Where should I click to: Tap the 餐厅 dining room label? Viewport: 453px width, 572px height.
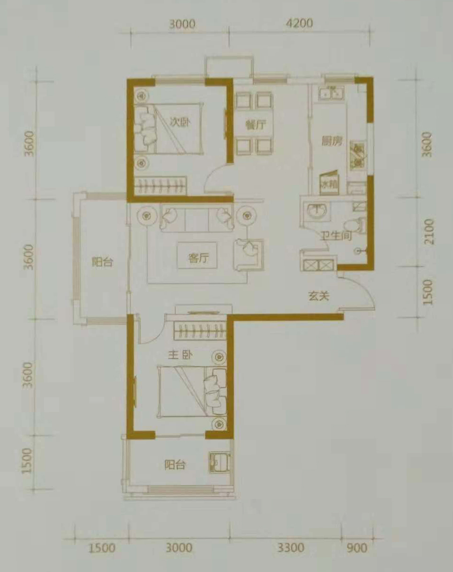[256, 124]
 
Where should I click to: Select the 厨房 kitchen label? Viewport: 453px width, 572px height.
[331, 141]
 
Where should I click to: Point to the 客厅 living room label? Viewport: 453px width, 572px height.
[198, 258]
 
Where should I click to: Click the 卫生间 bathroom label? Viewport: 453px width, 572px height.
[337, 235]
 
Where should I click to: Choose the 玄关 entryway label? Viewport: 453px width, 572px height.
[319, 296]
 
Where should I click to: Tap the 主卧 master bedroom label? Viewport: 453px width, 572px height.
[180, 355]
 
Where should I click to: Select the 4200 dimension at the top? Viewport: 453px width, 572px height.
[299, 23]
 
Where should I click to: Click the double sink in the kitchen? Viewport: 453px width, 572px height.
[331, 92]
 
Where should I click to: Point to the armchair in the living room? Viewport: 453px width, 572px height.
[248, 255]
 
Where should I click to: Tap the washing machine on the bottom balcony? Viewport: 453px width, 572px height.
[219, 463]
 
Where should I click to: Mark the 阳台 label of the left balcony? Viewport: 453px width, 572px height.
[103, 262]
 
